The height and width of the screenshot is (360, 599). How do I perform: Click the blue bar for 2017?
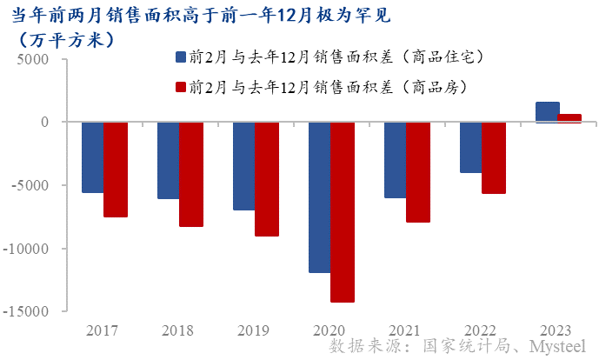[x=92, y=157]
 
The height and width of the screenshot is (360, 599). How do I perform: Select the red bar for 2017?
[x=116, y=170]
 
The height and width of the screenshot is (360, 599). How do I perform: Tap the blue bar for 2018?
[x=168, y=160]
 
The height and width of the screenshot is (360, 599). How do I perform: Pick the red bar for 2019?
[x=266, y=179]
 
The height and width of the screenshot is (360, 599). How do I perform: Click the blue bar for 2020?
[x=319, y=197]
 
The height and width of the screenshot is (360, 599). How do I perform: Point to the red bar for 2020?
[x=342, y=212]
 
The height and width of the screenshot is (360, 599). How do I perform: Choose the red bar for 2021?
[x=417, y=172]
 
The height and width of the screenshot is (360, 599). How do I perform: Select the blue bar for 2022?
[x=470, y=148]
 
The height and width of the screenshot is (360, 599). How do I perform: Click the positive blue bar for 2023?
[x=547, y=112]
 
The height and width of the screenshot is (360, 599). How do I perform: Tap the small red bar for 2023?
[x=569, y=118]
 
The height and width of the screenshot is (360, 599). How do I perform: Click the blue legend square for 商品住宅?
[x=181, y=57]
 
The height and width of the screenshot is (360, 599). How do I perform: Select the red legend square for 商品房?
[x=181, y=87]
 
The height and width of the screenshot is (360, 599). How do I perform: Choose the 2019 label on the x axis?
[x=255, y=330]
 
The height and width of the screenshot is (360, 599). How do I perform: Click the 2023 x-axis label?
[x=557, y=330]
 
